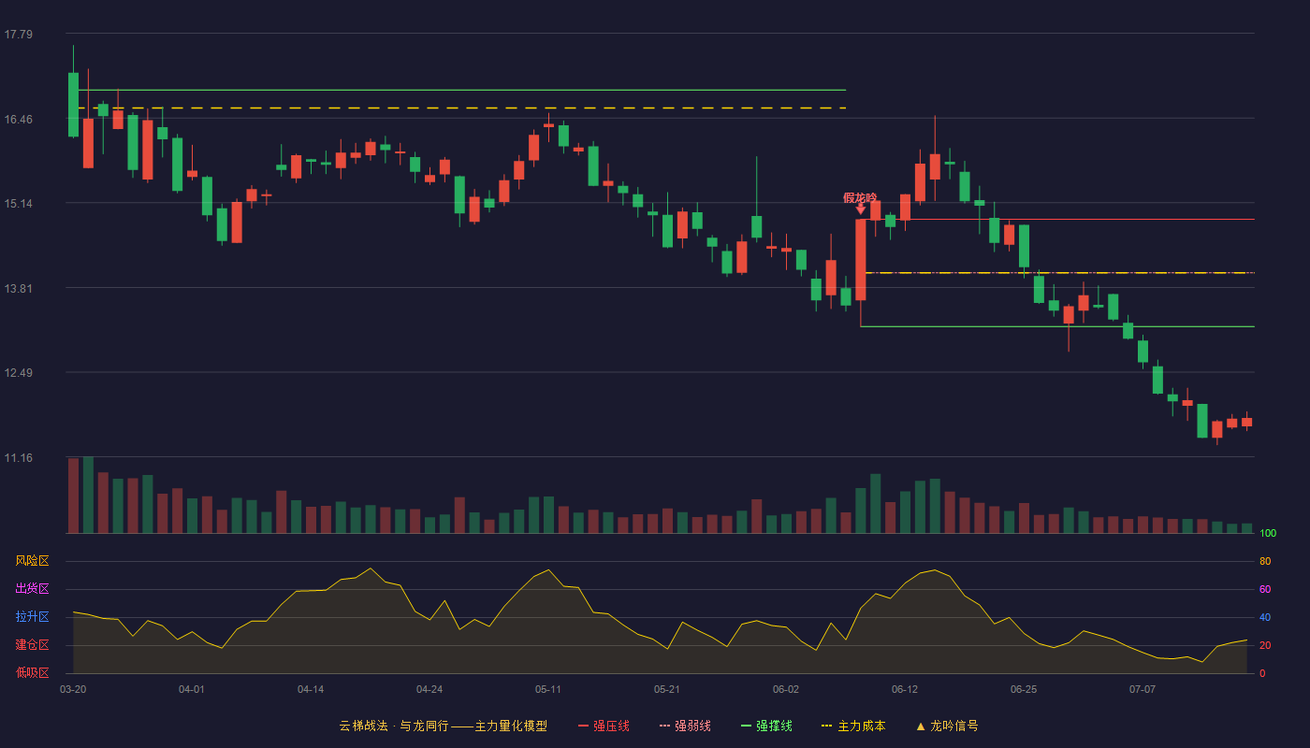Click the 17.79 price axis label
click(19, 34)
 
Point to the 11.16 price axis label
click(19, 457)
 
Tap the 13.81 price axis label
click(19, 288)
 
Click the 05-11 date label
click(548, 690)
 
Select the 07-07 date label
click(1143, 690)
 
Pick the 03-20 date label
click(73, 690)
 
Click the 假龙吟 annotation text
click(860, 198)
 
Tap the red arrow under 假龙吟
click(860, 209)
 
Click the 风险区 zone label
click(32, 560)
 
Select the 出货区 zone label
click(32, 588)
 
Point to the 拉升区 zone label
click(32, 616)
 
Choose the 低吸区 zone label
click(32, 672)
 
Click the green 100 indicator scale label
click(1268, 533)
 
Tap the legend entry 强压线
click(604, 726)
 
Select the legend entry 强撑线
click(766, 726)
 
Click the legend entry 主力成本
click(853, 726)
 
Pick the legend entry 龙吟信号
click(947, 726)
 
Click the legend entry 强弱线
click(685, 726)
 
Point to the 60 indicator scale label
click(1265, 589)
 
